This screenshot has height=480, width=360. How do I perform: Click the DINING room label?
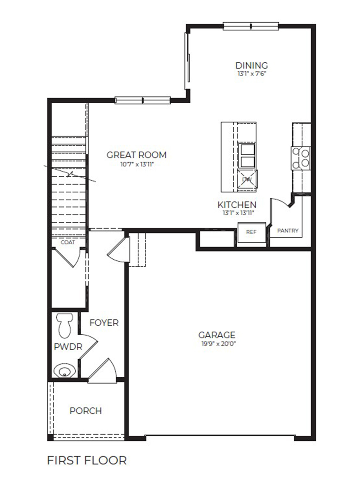[x=251, y=65]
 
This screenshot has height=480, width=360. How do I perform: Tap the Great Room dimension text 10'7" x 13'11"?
[x=136, y=164]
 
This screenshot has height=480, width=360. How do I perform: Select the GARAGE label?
[x=217, y=335]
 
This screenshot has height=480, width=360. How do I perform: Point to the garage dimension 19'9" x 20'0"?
[x=217, y=344]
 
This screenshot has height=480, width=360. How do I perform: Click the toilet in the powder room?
[x=64, y=325]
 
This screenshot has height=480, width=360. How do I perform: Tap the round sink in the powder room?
[x=64, y=371]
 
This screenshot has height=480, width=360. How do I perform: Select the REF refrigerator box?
[x=251, y=232]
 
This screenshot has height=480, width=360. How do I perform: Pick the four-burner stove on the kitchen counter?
[x=301, y=158]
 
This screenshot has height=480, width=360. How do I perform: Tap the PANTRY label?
[x=288, y=231]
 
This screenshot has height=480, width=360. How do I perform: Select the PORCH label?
[x=86, y=411]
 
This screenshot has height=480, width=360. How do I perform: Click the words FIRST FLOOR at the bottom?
[x=87, y=460]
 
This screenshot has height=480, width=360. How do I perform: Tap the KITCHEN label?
[x=237, y=205]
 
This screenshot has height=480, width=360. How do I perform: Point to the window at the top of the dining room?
[x=250, y=26]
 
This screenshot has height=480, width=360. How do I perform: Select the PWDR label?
[x=68, y=347]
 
